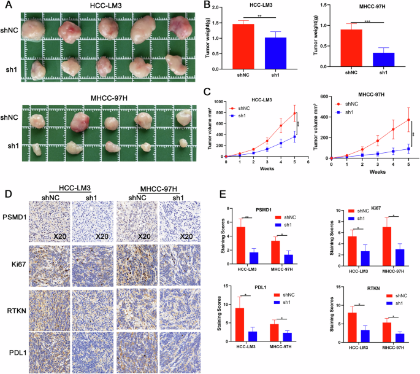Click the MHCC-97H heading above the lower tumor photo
(108, 97)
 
